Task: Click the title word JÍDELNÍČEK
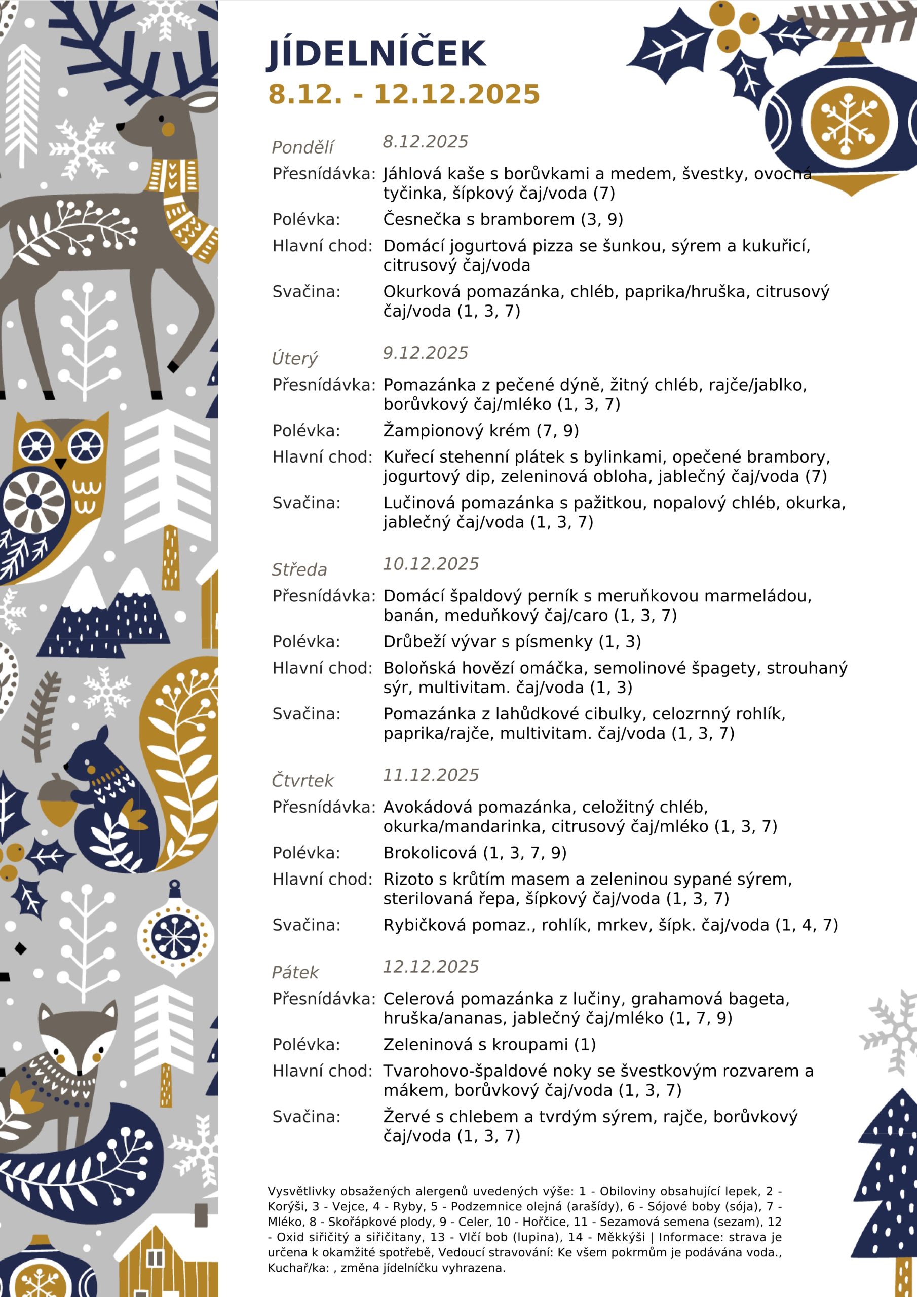point(376,54)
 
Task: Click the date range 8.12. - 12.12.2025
point(404,94)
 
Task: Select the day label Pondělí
point(302,147)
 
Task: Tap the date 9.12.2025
point(426,353)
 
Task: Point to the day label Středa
point(299,569)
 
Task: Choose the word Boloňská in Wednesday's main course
point(418,668)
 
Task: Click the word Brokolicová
point(430,853)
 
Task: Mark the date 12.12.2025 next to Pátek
point(431,967)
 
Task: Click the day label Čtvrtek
point(302,781)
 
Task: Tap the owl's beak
point(60,464)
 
